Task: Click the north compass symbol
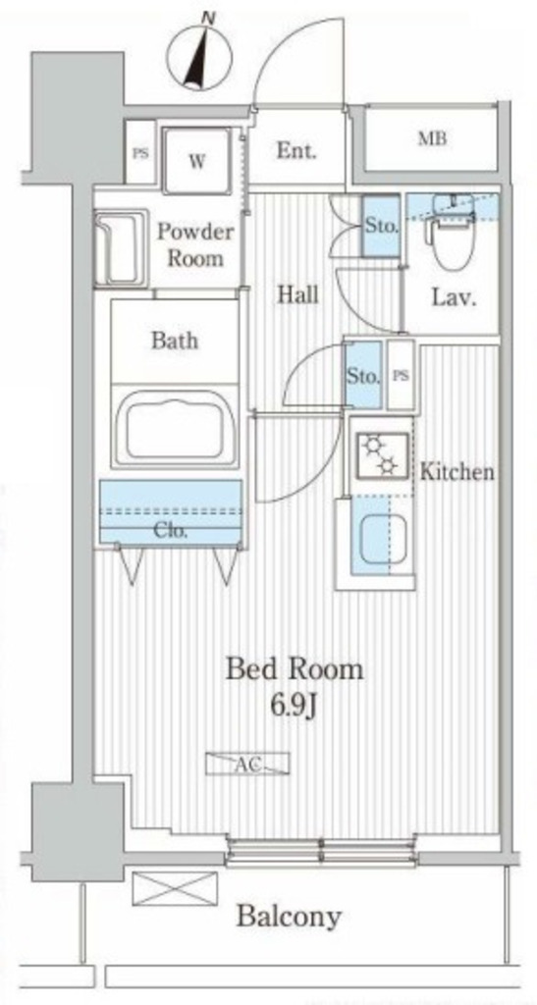[200, 58]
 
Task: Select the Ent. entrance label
[296, 152]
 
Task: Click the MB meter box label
[433, 138]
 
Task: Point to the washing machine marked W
[196, 160]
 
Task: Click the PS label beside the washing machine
[139, 154]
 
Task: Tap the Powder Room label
[194, 244]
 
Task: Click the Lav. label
[454, 297]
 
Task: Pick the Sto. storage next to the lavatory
[381, 227]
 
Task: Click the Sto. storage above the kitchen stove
[363, 376]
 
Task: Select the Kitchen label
[456, 472]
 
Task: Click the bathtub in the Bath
[175, 429]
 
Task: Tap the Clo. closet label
[171, 531]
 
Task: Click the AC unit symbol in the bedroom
[247, 764]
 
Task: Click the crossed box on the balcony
[175, 888]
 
